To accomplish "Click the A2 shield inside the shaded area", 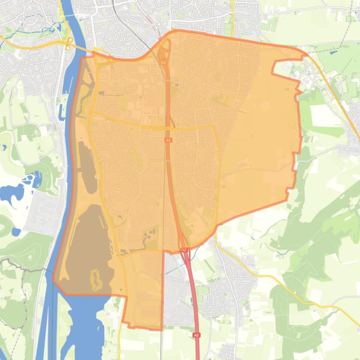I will pos(168,140).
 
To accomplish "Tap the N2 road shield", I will pos(163,62).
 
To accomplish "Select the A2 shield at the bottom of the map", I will pos(196,335).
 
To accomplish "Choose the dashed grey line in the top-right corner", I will pos(346,28).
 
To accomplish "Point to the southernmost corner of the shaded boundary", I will pos(162,330).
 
